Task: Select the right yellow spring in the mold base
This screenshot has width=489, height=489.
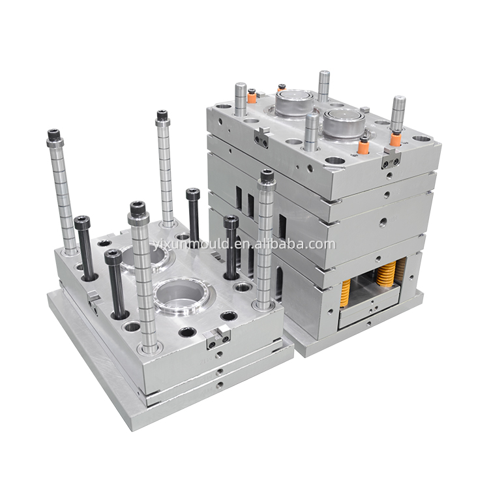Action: [x=387, y=273]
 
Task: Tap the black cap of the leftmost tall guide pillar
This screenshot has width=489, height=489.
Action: [x=55, y=136]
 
